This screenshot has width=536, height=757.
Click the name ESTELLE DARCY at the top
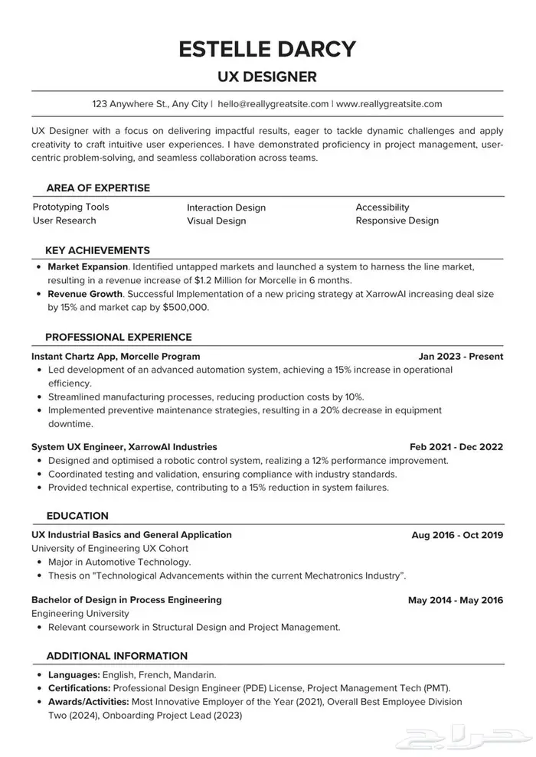(x=267, y=48)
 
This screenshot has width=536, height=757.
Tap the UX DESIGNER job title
(x=267, y=77)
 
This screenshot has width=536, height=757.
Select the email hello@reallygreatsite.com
(x=273, y=103)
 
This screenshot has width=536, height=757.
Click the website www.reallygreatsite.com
(x=389, y=103)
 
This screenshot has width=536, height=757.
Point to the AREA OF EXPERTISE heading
(x=98, y=188)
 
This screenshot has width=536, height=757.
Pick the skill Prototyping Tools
(x=70, y=207)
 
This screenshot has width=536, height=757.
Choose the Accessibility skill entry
(x=382, y=207)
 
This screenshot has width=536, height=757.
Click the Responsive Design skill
(x=397, y=220)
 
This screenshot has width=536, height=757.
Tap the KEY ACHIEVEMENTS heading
(x=97, y=250)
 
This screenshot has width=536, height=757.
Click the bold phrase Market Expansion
(x=87, y=267)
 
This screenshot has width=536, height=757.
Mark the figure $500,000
(x=185, y=307)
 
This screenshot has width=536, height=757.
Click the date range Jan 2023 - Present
(x=461, y=356)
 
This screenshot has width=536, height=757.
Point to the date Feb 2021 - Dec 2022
(x=456, y=446)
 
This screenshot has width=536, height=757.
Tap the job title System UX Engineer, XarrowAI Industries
(x=124, y=446)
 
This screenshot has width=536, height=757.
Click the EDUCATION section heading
(x=77, y=516)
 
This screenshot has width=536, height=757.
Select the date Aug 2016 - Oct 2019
(x=457, y=535)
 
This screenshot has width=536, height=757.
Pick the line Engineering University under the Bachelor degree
(x=80, y=613)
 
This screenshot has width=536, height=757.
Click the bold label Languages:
(x=74, y=675)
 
